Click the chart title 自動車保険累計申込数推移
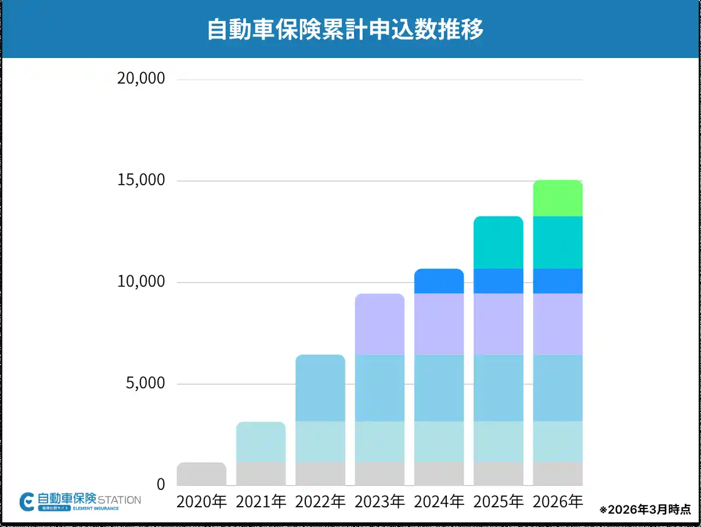(x=345, y=30)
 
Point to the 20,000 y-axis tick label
(x=141, y=78)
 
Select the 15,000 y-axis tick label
(x=141, y=181)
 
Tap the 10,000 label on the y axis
(x=141, y=282)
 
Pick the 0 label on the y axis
(x=161, y=485)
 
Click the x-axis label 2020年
(x=201, y=501)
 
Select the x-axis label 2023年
(x=380, y=501)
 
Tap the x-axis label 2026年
(x=557, y=501)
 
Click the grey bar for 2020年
(x=201, y=474)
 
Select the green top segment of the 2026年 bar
(x=557, y=198)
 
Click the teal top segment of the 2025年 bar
(x=498, y=243)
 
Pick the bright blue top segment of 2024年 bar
(x=439, y=281)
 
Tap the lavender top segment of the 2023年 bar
(x=380, y=324)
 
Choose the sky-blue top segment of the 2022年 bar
(x=320, y=388)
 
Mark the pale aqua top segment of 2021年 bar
(x=261, y=442)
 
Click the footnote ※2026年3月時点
(x=645, y=510)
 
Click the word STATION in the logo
(x=120, y=499)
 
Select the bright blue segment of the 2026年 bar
(x=557, y=281)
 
